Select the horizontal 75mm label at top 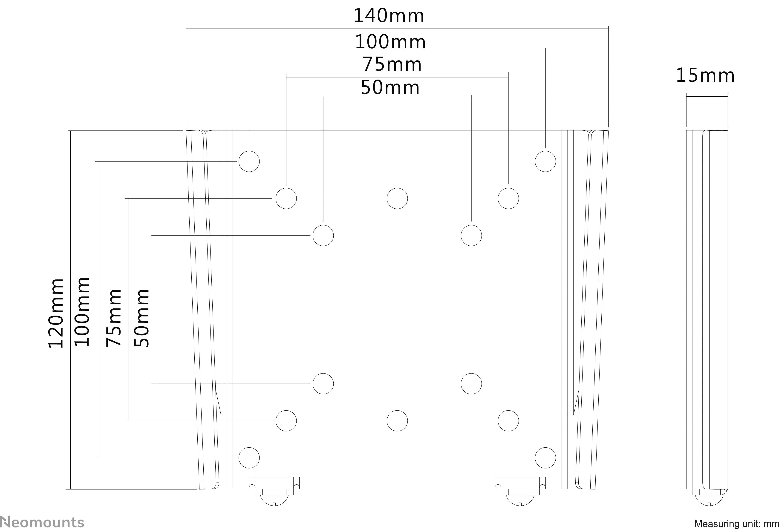pyautogui.click(x=392, y=65)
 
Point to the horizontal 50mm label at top pyautogui.click(x=390, y=88)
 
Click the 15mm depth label pyautogui.click(x=705, y=75)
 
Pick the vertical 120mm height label pyautogui.click(x=56, y=313)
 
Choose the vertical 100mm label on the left pyautogui.click(x=82, y=312)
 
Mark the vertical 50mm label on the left pyautogui.click(x=141, y=318)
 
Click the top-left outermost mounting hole pyautogui.click(x=249, y=161)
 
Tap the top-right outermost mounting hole pyautogui.click(x=545, y=161)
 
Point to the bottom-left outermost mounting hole pyautogui.click(x=249, y=458)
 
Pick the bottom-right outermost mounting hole pyautogui.click(x=545, y=458)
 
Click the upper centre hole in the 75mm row pyautogui.click(x=397, y=198)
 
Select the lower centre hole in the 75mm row pyautogui.click(x=397, y=421)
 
